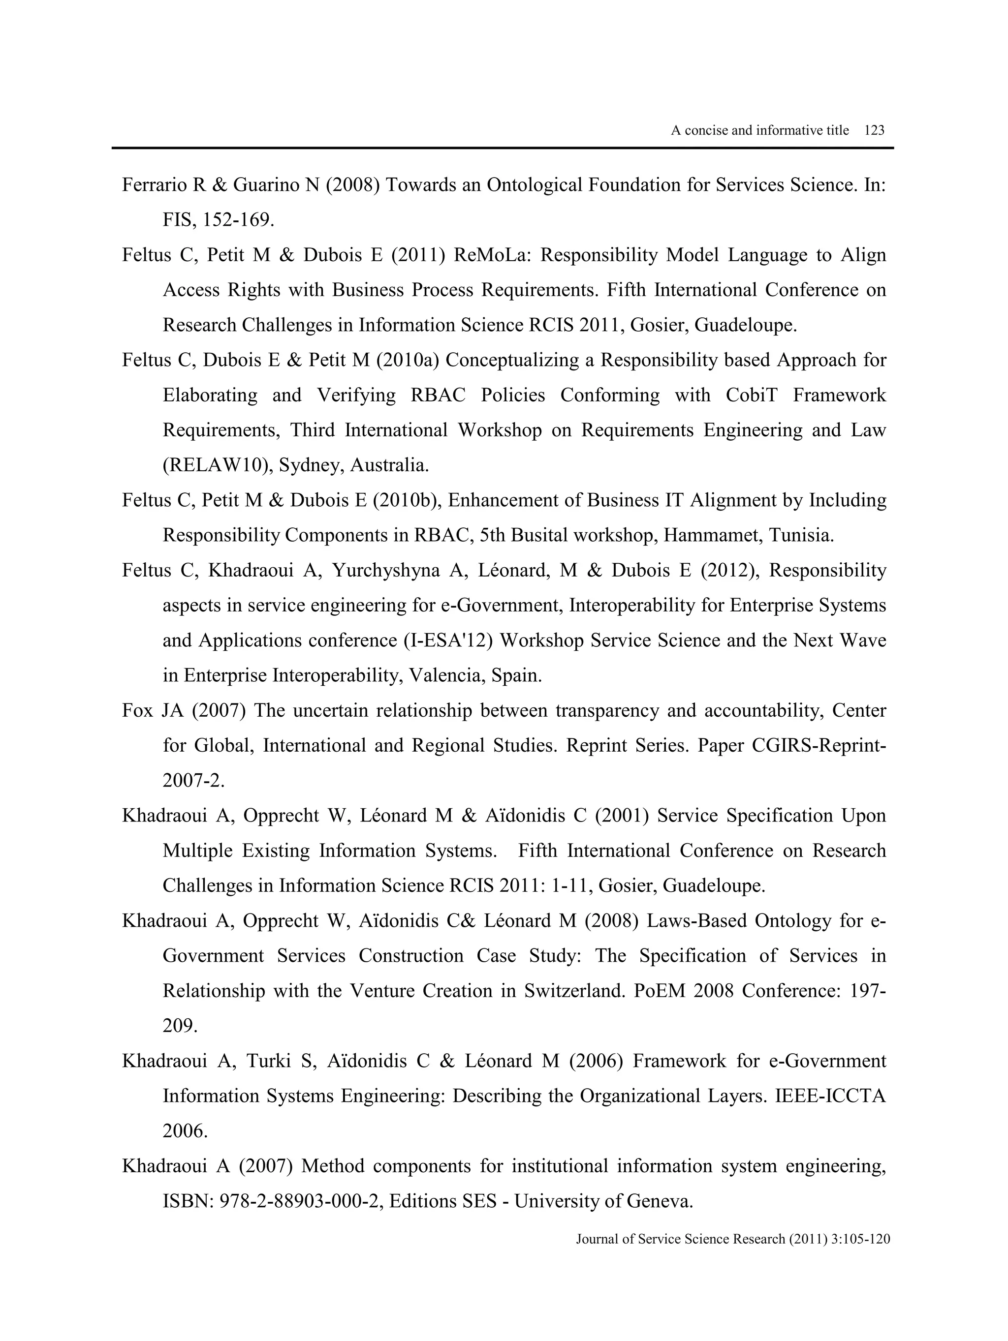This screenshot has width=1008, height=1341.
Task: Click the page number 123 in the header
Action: (874, 130)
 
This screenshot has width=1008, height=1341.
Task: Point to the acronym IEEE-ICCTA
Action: (830, 1096)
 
